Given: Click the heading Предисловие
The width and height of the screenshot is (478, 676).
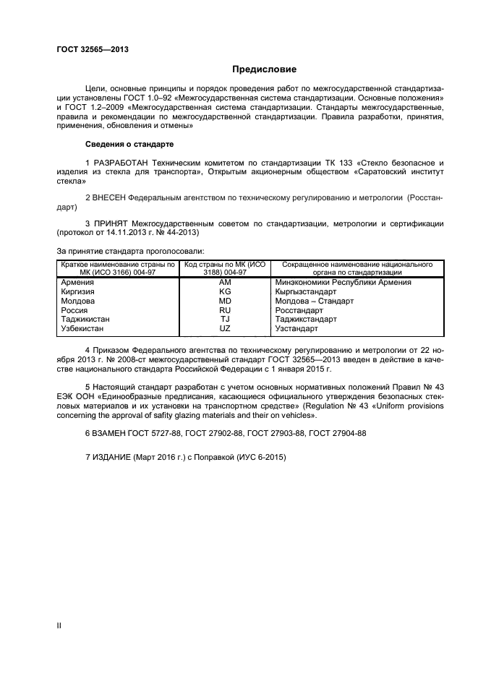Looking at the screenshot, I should (264, 69).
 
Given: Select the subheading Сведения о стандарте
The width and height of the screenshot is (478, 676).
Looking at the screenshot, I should (129, 144).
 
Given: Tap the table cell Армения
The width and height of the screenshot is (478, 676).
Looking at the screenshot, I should (77, 283).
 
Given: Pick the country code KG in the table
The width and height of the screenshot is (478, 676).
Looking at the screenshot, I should (224, 291).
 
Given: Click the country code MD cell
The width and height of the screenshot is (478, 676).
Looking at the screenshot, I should (224, 301).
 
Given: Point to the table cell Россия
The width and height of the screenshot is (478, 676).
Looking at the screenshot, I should (74, 310).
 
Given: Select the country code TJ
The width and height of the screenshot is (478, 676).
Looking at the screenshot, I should (224, 319).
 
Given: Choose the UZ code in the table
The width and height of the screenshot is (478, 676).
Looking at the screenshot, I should (224, 328).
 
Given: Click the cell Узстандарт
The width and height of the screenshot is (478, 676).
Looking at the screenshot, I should (296, 328).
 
